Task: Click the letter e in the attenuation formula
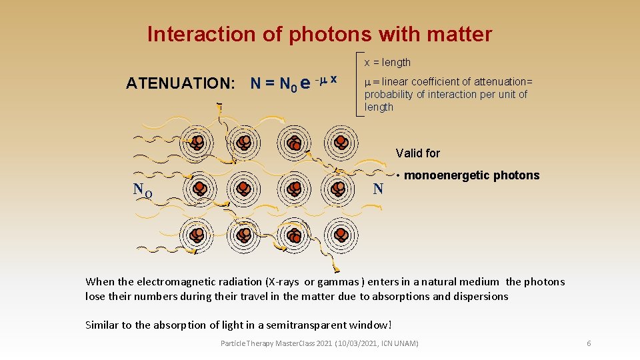[x=305, y=83]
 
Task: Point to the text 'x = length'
[x=387, y=62]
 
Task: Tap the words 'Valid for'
[x=418, y=153]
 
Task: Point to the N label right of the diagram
[x=378, y=189]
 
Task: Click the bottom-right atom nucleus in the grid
[x=341, y=234]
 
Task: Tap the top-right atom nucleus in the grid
[x=341, y=141]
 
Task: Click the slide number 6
[x=589, y=343]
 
